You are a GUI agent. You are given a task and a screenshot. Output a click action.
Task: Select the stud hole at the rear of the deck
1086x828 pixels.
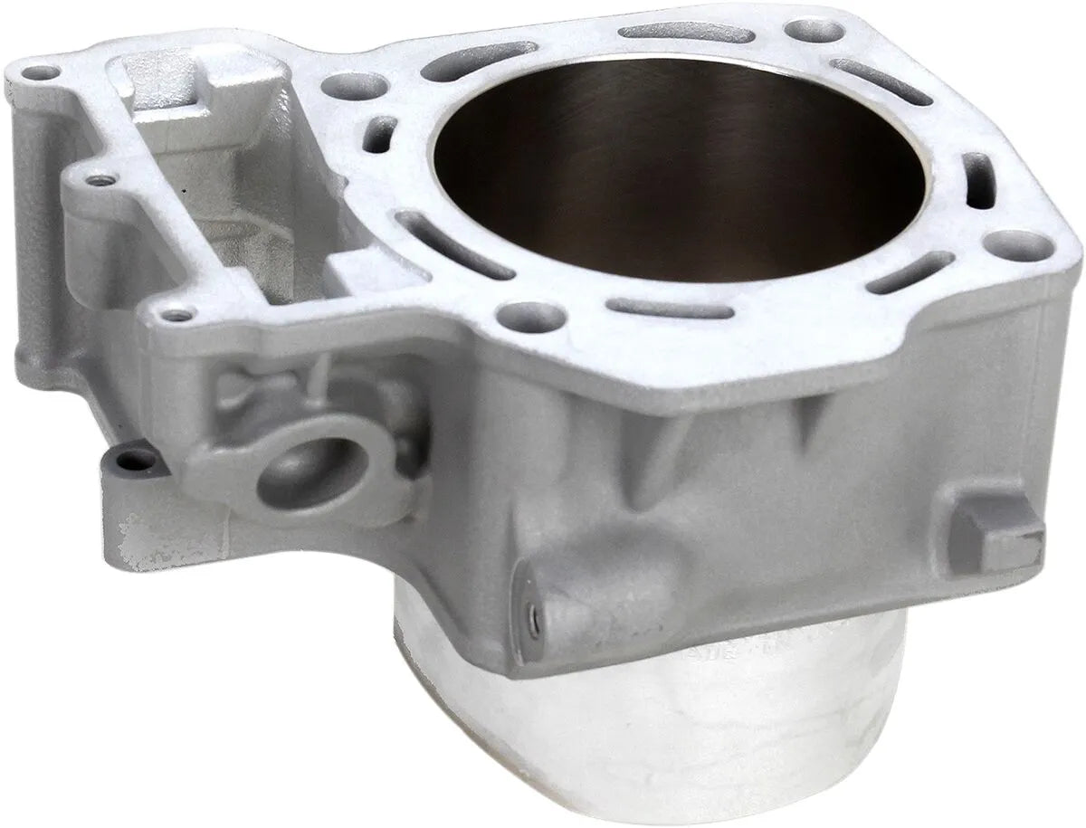click(802, 30)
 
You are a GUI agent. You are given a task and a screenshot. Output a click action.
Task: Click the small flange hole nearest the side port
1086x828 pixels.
click(176, 316)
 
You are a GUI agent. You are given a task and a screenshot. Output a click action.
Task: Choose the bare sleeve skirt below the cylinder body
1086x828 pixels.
click(633, 742)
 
